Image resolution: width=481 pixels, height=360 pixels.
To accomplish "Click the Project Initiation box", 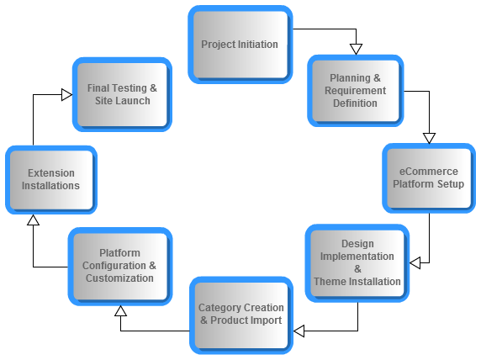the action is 240,45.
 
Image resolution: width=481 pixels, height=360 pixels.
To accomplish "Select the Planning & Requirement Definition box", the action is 355,91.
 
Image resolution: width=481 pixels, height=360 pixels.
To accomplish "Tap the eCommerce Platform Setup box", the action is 429,178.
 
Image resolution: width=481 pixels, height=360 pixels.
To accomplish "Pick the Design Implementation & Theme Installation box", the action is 357,263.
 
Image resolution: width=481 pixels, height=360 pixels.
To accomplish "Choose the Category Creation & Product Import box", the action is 241,315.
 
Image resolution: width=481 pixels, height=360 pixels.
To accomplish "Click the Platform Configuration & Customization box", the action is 120,266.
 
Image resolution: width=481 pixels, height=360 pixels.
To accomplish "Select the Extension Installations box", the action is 51,179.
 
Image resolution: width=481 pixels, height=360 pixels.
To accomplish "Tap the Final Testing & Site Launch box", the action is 122,94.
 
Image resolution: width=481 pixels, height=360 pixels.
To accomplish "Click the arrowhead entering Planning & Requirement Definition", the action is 357,49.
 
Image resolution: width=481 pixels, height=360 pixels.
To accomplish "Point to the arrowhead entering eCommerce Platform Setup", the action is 429,138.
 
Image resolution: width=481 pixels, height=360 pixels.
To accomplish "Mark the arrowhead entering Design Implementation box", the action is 415,263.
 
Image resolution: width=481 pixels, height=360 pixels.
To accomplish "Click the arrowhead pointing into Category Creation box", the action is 299,331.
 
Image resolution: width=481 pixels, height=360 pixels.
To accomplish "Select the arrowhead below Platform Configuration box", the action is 120,311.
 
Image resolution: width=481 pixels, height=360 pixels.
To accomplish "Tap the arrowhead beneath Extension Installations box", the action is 33,220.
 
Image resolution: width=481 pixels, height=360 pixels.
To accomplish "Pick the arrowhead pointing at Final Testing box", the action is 67,94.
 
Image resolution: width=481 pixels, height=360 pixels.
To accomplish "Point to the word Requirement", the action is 355,91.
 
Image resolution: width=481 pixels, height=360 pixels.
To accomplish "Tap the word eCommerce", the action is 429,172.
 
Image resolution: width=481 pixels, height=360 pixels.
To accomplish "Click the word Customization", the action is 119,278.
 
